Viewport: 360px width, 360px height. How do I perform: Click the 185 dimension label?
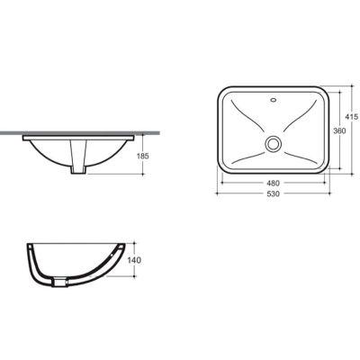point(142,156)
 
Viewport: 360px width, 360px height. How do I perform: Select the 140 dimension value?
point(134,260)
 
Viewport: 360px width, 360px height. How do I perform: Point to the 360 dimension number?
point(340,130)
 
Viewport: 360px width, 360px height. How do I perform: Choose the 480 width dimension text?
point(273,183)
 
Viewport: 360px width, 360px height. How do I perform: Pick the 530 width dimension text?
point(273,193)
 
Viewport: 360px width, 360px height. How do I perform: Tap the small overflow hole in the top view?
point(274,99)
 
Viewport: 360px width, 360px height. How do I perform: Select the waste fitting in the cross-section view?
point(58,283)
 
